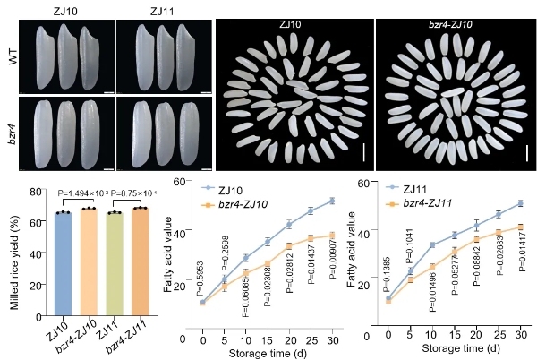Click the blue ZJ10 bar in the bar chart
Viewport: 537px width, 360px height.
(x=62, y=260)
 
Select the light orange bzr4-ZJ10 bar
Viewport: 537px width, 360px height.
(x=88, y=259)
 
